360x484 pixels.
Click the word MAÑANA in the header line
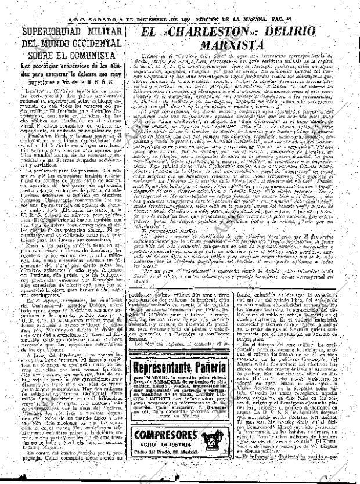click(x=265, y=5)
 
